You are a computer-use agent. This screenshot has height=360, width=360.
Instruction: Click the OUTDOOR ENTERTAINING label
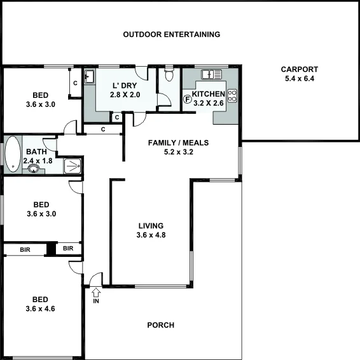coord(171,34)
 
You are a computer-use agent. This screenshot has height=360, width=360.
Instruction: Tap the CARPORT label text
coord(300,70)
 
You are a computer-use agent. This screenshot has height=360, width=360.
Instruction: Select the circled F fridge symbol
coord(188,99)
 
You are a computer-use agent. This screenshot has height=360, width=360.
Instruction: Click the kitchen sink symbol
coord(211,74)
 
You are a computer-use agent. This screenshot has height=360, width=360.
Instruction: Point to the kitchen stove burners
coord(232,97)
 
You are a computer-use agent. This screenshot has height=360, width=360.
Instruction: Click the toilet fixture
coord(168,76)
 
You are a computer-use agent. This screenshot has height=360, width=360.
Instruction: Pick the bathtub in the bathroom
coord(12,155)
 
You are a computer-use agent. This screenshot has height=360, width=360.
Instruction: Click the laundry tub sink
coord(89,77)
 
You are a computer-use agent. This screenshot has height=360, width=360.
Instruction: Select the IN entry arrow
coord(97,294)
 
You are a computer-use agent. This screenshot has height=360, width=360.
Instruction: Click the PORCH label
coord(160,326)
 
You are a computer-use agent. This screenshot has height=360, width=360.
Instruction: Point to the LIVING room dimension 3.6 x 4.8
coord(151,235)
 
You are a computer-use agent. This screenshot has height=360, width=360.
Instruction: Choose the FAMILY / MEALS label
coord(178,142)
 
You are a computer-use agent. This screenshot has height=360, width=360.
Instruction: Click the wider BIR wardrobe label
coord(25,249)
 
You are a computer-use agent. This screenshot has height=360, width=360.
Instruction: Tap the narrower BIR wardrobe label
coord(69,248)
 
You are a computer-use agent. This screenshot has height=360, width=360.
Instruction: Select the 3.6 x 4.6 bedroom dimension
coord(41,309)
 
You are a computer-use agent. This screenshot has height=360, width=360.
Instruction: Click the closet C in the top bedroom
coord(75,83)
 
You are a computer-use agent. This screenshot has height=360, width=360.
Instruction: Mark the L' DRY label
coord(124,85)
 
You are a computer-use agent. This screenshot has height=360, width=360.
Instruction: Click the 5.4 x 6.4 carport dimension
coord(300,80)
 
